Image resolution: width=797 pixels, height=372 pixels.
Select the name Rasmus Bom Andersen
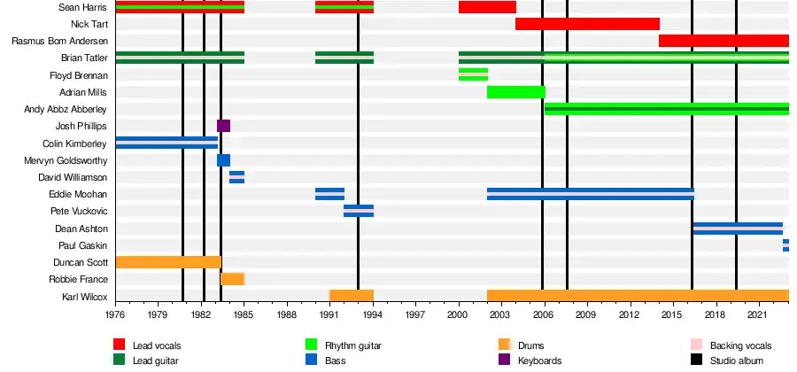pos(59,41)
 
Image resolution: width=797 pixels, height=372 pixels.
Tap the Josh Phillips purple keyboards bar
pos(223,126)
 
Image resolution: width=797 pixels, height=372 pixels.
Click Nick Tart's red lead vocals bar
pos(586,24)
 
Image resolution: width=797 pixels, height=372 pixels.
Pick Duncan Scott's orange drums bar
pos(167,262)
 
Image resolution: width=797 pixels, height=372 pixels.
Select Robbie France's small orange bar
pos(232,279)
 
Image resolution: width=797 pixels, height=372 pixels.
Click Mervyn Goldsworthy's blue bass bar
pos(223,160)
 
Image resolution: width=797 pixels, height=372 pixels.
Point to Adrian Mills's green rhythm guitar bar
pos(515,92)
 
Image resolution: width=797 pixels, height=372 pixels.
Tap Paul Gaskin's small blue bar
pos(785,245)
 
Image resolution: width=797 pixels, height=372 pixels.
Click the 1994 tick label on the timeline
pos(373,314)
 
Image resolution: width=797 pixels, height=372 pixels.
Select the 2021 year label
pos(757,314)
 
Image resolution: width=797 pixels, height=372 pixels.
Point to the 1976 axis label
pos(116,314)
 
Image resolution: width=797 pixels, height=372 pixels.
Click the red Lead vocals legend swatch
pos(119,345)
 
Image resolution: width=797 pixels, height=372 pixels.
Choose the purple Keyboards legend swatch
pos(505,360)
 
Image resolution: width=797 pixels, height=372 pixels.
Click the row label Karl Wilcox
pos(84,296)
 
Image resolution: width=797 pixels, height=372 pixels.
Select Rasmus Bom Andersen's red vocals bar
pos(723,41)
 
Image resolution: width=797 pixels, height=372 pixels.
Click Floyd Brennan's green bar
pos(473,74)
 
